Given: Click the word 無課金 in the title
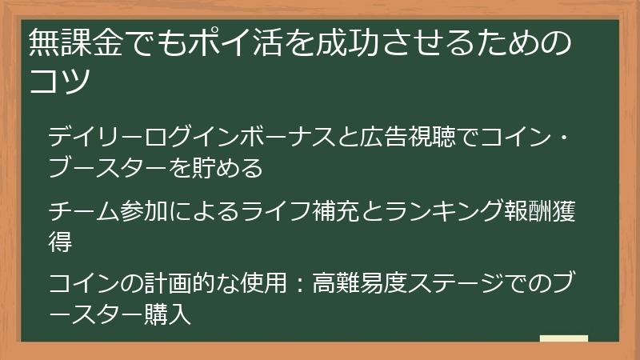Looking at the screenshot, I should tap(70, 43).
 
